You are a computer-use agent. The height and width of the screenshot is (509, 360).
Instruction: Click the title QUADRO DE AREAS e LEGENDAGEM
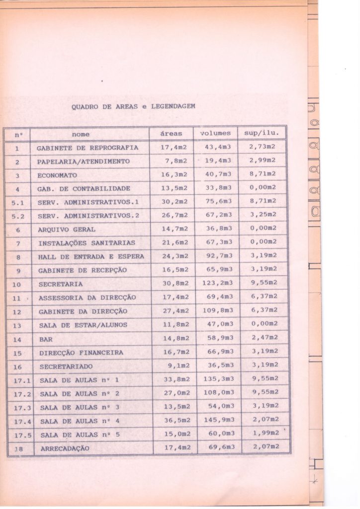coord(133,106)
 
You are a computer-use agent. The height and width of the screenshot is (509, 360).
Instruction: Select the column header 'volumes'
coord(215,133)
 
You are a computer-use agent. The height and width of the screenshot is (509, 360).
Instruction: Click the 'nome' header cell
coord(81,134)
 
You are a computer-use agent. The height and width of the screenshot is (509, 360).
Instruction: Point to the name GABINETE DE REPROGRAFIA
coord(88,148)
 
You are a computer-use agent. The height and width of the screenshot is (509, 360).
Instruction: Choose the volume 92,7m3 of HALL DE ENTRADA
coord(218,256)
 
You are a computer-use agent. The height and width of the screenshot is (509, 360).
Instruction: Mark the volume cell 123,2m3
coord(218,283)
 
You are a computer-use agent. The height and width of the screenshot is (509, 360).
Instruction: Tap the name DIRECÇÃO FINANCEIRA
coord(81,353)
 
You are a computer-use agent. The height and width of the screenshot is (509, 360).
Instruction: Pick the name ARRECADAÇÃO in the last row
coord(65,448)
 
